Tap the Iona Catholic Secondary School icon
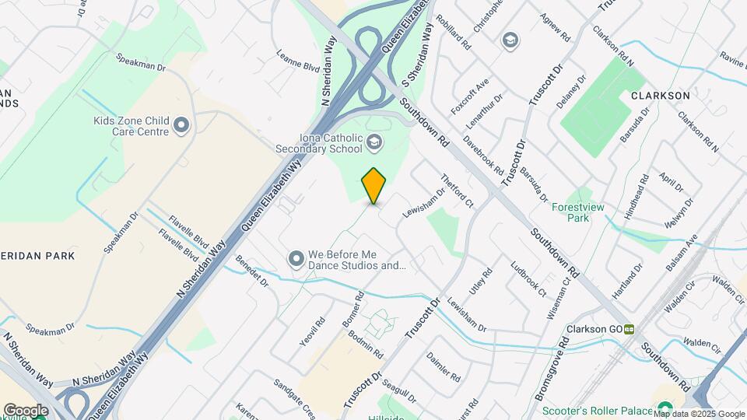[375, 142]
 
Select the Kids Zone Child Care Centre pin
[181, 125]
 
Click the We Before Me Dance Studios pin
[296, 258]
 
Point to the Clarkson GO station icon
[627, 329]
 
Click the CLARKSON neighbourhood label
[661, 96]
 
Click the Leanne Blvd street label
[299, 61]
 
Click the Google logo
[26, 410]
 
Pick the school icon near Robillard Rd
[510, 40]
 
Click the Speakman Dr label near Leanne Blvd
[141, 63]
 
